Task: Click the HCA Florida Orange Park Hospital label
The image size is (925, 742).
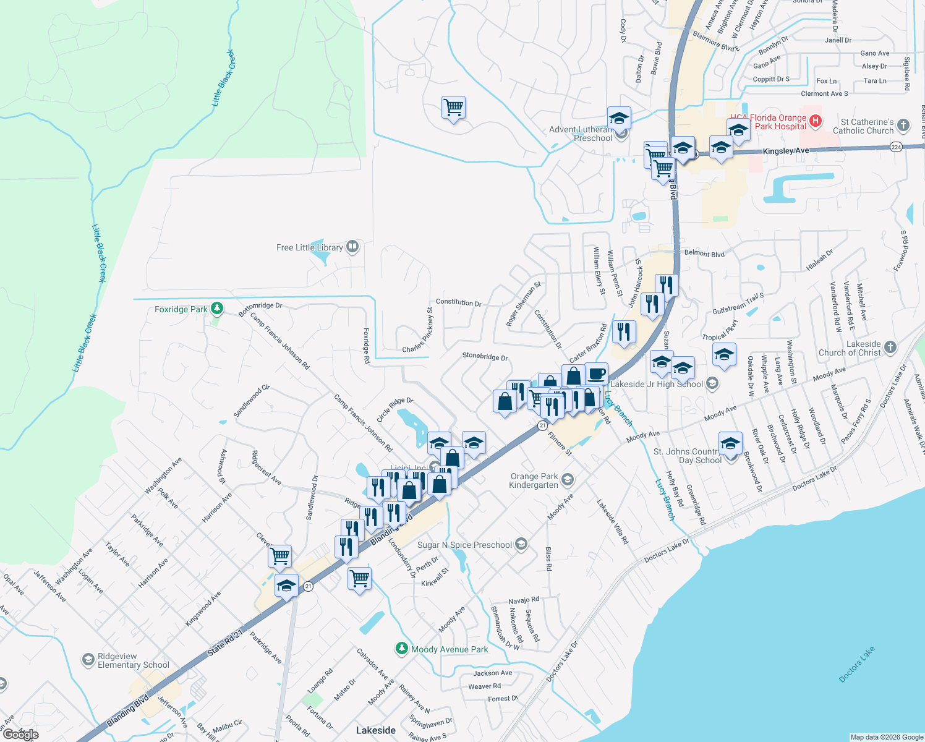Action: coord(768,122)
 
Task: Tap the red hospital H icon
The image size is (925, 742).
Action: coord(816,121)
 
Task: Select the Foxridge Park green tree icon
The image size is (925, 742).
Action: coord(216,308)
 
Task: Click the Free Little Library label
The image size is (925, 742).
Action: coord(309,247)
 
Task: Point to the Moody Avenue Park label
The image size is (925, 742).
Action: coord(450,649)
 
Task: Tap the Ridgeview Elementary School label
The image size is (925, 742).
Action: coord(133,660)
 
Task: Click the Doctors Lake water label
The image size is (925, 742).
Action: coord(856,665)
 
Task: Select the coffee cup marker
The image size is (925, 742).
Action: coord(597,374)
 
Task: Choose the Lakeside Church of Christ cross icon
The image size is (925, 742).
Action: coord(890,347)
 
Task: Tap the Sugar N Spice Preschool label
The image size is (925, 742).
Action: coord(464,545)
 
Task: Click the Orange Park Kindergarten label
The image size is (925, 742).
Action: coord(534,480)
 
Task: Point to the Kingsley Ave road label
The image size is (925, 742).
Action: coord(785,151)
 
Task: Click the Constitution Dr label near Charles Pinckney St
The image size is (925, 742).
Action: coord(458,302)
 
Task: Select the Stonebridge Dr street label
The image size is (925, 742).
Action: coord(485,357)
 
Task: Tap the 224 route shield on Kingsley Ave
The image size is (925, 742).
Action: coord(896,147)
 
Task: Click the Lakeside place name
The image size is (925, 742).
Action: coord(375,730)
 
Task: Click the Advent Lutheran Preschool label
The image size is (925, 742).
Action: coord(581,134)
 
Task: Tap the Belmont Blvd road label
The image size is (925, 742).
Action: coord(704,253)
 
